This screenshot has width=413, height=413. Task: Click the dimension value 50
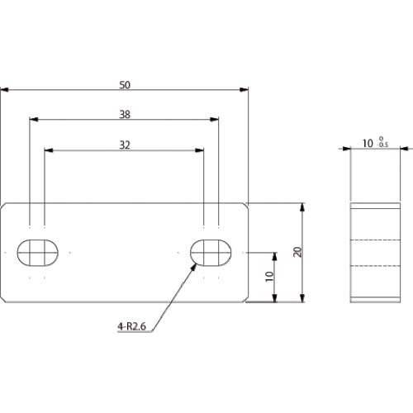coord(124,84)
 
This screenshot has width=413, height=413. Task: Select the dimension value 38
coord(124,115)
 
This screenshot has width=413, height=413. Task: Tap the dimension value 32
coord(124,145)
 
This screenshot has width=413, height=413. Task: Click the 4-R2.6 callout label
coord(132,327)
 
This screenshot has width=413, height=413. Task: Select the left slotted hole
coord(37,252)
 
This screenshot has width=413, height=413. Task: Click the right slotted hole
coord(211,252)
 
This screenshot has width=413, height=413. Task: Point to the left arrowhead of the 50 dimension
coord(4,89)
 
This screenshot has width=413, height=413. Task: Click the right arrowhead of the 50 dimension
coord(244,89)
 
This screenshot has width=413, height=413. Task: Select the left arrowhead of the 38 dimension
coord(33,120)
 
